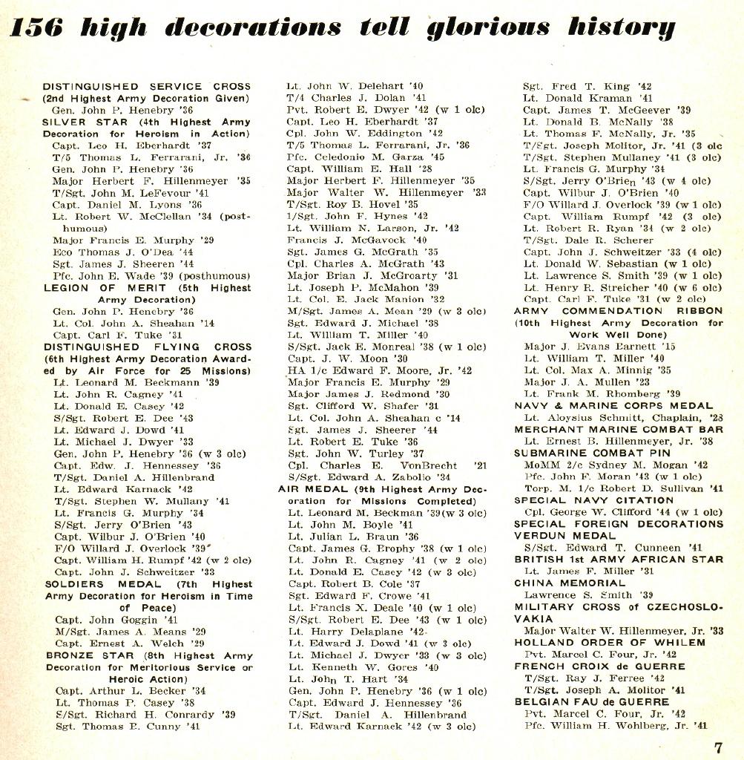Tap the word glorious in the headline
click(x=488, y=28)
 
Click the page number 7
click(x=718, y=747)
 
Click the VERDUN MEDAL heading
click(x=556, y=535)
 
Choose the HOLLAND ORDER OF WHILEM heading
click(x=601, y=642)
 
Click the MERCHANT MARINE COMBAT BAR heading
click(x=619, y=429)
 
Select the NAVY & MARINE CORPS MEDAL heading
click(x=613, y=406)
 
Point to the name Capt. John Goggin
click(x=116, y=620)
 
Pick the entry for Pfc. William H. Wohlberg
click(x=616, y=725)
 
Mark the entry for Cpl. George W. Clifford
click(x=623, y=512)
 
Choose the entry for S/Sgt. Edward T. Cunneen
click(x=613, y=547)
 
